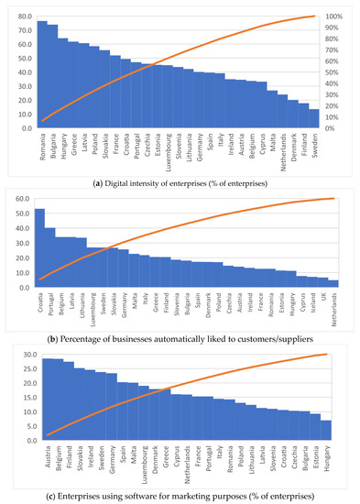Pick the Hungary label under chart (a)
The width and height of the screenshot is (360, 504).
tap(63, 148)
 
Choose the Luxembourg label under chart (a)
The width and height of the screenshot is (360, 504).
tap(168, 152)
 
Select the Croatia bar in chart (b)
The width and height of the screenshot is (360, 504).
tap(39, 248)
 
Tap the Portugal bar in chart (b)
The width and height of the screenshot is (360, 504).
tap(50, 257)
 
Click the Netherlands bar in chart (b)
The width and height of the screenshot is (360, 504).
tap(333, 284)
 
